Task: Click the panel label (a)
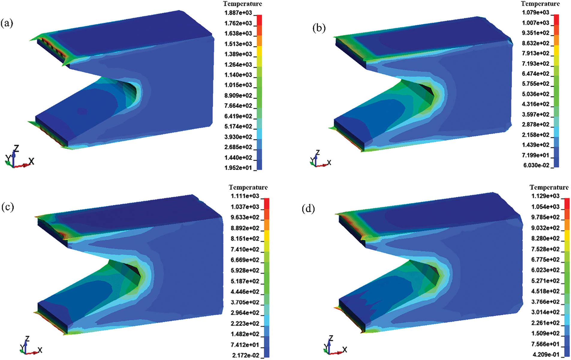[x=7, y=23]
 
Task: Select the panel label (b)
[x=319, y=28]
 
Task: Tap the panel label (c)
[x=7, y=207]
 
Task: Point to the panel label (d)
[x=308, y=209]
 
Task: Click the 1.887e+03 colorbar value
[x=238, y=13]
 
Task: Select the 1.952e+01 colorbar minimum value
[x=238, y=168]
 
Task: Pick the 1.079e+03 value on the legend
[x=536, y=13]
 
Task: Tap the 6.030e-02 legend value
[x=537, y=165]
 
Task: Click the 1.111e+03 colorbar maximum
[x=245, y=196]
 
